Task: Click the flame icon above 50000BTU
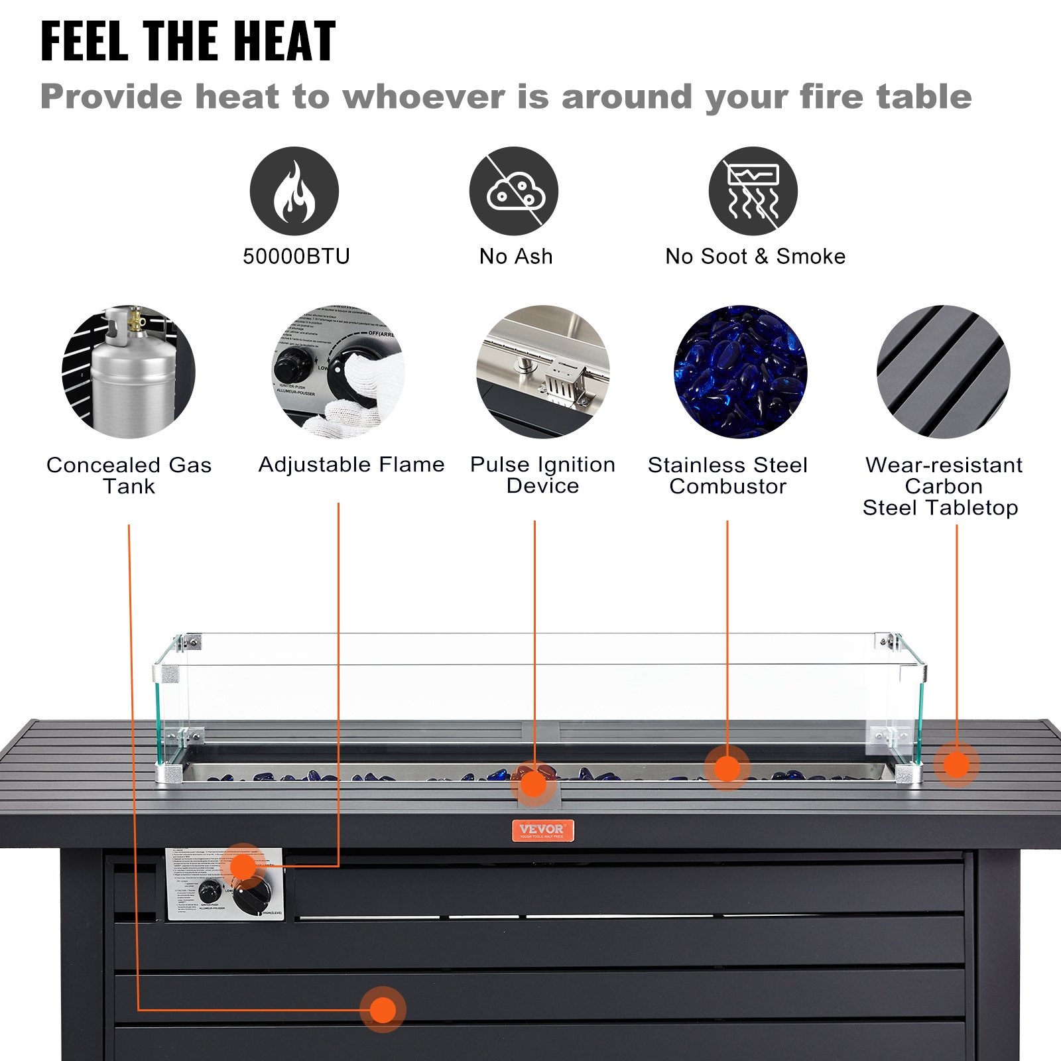[x=294, y=191]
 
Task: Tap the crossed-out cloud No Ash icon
[x=514, y=191]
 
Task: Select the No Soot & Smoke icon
[x=753, y=191]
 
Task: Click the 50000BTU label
[x=296, y=256]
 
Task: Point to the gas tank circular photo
[x=129, y=371]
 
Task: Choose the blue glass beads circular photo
[x=741, y=371]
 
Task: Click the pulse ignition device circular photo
[x=542, y=371]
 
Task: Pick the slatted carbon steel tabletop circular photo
[x=943, y=371]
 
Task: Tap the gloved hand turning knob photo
[x=338, y=371]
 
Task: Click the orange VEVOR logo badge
[x=542, y=830]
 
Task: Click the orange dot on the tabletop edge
[x=956, y=765]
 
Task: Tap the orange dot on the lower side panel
[x=383, y=1010]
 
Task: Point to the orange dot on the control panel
[x=243, y=866]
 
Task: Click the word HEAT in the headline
[x=285, y=42]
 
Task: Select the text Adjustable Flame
[x=351, y=464]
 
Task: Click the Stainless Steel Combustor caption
[x=727, y=475]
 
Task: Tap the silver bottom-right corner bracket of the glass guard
[x=908, y=774]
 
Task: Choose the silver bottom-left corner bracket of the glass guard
[x=168, y=774]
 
